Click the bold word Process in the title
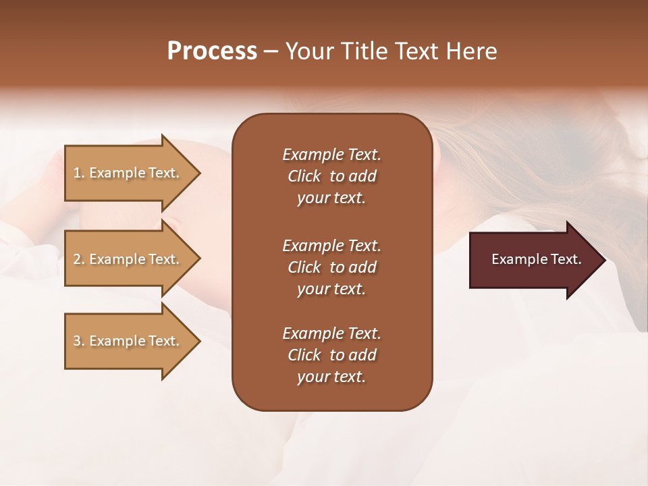pos(212,51)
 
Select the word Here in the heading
pos(470,51)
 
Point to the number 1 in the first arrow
pos(76,173)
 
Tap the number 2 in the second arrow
pos(76,259)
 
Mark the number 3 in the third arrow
pos(76,341)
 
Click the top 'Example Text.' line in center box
pos(331,155)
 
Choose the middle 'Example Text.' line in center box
pos(331,246)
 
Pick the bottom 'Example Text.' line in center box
pos(331,333)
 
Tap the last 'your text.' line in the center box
pos(331,377)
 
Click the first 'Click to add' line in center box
pos(331,176)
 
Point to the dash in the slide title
pos(271,52)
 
